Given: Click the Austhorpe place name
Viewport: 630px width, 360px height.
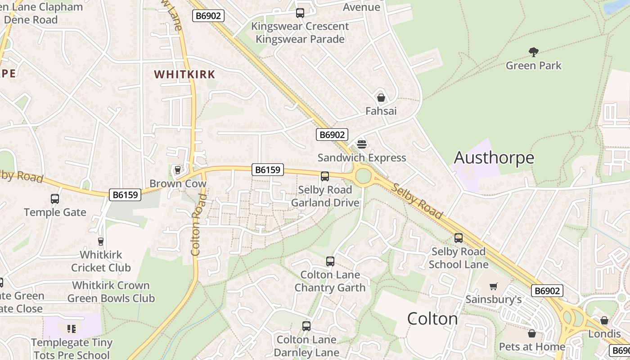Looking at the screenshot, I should coord(494,157).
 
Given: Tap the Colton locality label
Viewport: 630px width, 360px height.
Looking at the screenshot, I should coord(432,319).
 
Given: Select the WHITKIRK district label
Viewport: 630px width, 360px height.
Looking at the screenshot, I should coord(184,74).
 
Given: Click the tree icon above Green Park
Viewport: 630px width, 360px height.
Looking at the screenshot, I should coord(533,52).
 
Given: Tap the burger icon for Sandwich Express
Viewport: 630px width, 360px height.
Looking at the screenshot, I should coord(362,144).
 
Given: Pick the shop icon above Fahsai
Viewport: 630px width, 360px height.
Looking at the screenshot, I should coord(381,98).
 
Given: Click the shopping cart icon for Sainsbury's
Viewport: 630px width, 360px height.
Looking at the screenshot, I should coord(494,286).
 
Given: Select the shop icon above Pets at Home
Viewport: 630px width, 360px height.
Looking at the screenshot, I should coord(531,333).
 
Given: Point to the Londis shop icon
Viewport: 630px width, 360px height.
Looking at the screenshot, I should coord(604,320).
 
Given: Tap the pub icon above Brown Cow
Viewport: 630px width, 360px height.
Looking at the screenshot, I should coord(177,170).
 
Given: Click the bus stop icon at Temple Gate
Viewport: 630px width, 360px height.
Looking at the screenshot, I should coord(54,198).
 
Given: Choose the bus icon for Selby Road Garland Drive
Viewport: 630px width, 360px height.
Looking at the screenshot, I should coord(324,176).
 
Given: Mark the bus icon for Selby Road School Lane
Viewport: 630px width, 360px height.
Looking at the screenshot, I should coord(458,238).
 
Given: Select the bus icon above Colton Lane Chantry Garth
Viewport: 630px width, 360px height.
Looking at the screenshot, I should coord(330,261).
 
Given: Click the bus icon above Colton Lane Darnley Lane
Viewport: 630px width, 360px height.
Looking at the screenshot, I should coord(306,326).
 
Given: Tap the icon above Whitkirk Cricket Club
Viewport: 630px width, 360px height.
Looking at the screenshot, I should coord(100,242).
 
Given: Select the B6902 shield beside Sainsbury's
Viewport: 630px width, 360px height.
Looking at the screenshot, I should coord(547,291).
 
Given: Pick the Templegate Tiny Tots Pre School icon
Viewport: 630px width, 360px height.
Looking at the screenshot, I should coord(71,329).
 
